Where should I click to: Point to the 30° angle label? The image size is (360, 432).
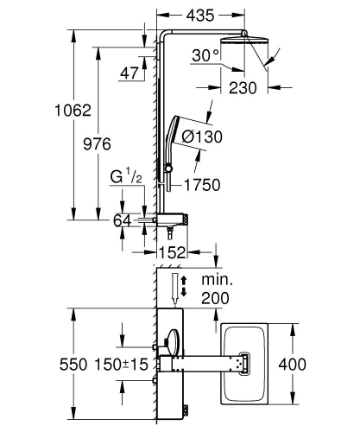(x=206, y=56)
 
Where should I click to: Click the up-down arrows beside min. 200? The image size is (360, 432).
(x=178, y=287)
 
